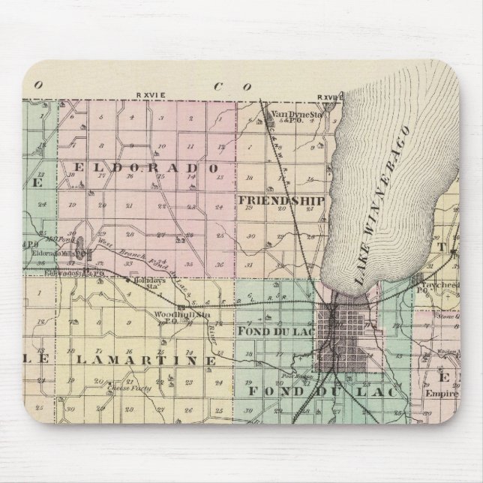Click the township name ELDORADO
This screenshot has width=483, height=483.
coord(146,166)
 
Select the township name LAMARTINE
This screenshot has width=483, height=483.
coord(142,359)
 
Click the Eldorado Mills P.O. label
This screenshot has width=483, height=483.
coord(58,253)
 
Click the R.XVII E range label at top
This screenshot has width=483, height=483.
coord(330,97)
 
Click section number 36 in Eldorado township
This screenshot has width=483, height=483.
coord(218,264)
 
